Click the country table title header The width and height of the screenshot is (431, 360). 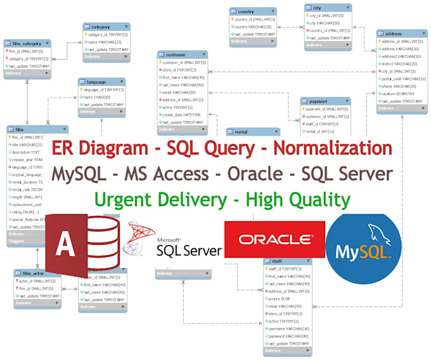252,11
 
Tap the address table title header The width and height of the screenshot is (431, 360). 401,33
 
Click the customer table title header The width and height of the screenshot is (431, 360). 182,55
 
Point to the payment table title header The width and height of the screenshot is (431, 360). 325,101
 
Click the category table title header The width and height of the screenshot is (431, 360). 106,27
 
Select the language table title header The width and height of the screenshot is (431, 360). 101,82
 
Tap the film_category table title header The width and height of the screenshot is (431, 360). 27,43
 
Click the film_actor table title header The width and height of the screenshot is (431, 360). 37,273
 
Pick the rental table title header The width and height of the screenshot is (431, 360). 252,132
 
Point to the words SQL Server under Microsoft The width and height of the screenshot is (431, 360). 190,250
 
